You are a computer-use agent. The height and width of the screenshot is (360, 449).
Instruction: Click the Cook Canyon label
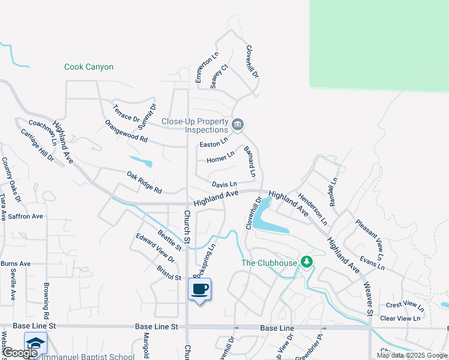89,67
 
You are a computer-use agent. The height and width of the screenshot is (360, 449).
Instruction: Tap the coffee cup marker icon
200,290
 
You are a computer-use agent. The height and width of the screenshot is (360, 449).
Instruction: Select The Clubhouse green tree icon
307,262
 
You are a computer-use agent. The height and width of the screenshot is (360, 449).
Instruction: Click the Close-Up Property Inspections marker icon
238,125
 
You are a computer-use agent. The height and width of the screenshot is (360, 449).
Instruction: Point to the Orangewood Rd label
126,130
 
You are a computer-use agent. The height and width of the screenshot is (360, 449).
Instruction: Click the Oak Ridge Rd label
144,182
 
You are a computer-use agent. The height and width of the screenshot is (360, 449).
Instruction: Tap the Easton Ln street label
214,144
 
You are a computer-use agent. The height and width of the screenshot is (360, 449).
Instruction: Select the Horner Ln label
220,159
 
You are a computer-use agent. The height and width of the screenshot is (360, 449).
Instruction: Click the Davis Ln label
225,184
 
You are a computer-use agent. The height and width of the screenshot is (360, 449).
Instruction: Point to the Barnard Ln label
250,161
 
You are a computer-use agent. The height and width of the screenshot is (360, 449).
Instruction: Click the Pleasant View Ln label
370,236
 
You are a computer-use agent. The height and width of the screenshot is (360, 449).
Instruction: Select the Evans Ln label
372,263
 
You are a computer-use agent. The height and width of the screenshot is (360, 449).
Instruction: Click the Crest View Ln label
405,305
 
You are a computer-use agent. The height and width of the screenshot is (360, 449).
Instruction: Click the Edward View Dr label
155,249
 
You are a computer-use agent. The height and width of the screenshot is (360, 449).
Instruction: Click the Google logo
20,353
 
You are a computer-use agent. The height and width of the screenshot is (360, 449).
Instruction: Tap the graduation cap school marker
35,343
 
